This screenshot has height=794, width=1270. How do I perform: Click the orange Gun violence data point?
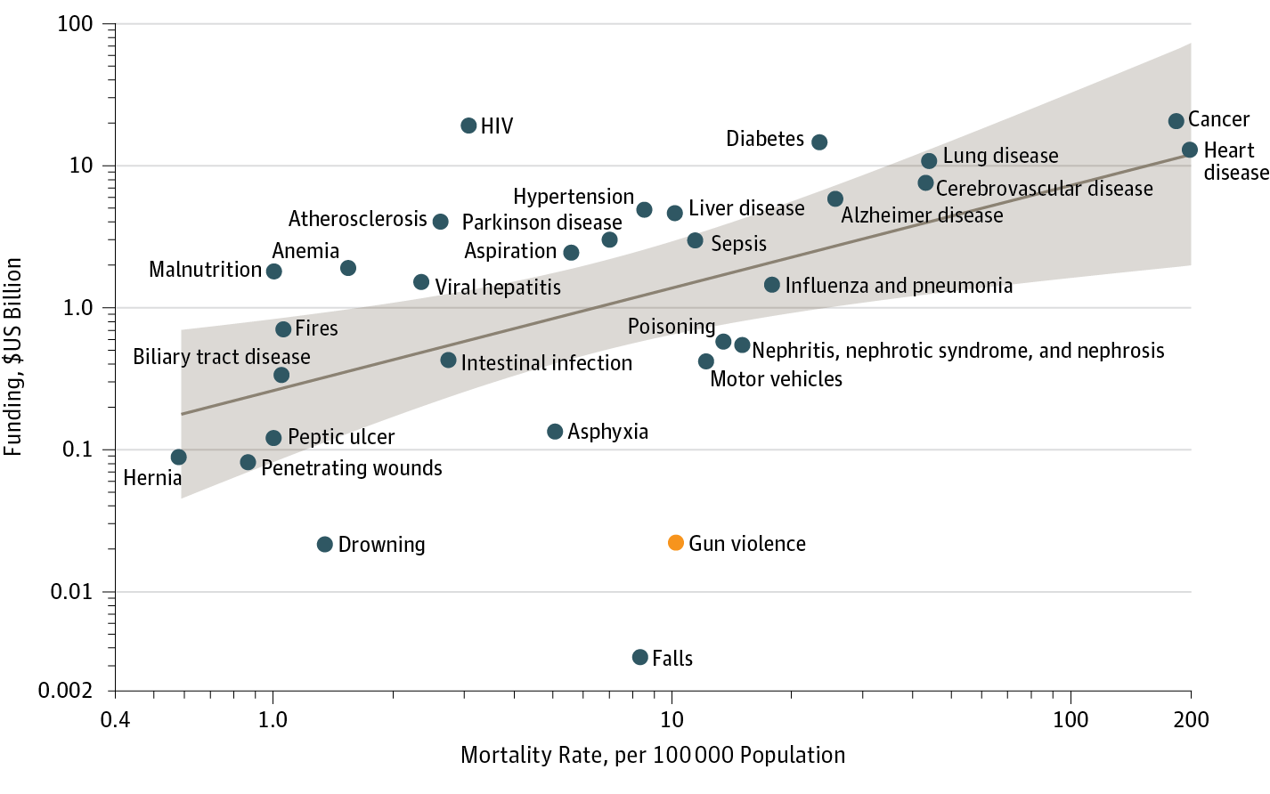pos(676,543)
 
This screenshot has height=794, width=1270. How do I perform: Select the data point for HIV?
pos(468,126)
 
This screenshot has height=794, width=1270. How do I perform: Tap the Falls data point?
pos(639,658)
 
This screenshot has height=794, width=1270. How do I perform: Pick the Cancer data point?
pos(1176,121)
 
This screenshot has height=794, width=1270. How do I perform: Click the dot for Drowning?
pos(325,545)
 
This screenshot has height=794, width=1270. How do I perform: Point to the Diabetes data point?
pos(819,142)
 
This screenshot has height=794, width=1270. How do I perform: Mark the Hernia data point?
pos(179,458)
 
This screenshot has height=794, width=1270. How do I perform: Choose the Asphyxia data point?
pos(555,432)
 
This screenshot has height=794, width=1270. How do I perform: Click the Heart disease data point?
pos(1189,150)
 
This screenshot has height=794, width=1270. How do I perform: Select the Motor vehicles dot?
pos(706,361)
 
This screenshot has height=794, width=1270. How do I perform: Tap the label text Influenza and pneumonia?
pos(899,286)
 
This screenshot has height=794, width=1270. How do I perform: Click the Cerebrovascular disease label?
pos(1044,189)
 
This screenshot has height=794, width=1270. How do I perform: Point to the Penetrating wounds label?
pos(352,468)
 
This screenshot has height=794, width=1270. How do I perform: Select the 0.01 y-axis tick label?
pos(71,592)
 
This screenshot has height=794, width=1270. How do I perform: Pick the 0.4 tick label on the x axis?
pos(115,719)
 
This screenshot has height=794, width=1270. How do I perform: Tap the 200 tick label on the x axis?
pos(1191,719)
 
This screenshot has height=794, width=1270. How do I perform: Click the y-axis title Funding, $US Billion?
pos(12,357)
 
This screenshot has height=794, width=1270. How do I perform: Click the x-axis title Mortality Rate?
pos(653,756)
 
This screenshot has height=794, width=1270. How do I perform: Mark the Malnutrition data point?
pos(274,271)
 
